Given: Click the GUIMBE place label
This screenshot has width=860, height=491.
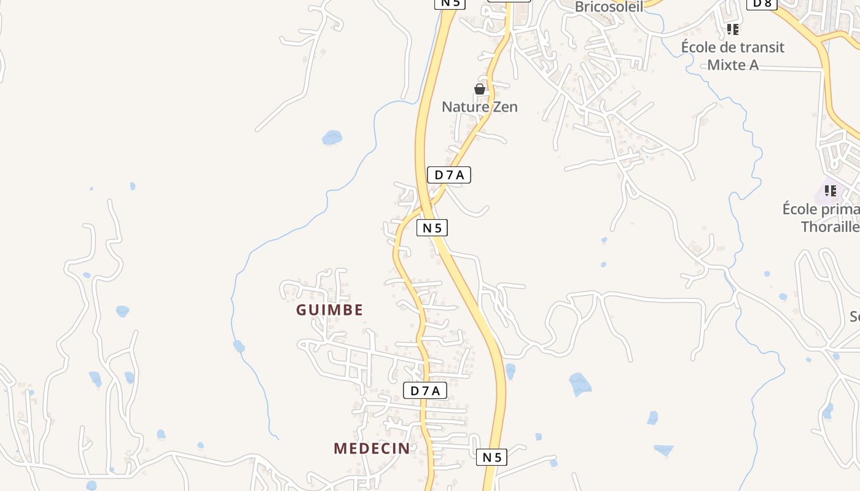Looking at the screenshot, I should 330,310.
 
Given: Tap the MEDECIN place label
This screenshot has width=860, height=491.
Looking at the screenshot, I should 372,448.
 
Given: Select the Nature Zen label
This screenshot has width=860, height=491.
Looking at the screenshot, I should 480,107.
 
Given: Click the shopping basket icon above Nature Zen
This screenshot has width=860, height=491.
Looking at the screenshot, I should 480,90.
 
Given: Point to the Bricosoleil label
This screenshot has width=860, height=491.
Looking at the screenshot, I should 609,7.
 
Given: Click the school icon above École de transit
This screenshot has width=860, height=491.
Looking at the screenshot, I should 732,29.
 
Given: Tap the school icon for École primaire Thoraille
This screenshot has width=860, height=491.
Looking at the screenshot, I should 831,191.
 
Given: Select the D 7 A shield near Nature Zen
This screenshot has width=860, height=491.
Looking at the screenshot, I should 448,175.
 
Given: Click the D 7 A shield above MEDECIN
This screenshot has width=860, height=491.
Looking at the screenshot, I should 424,390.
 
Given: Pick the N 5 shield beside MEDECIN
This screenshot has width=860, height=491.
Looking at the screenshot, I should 491,457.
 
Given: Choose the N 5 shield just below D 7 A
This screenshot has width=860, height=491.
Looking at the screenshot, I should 432,228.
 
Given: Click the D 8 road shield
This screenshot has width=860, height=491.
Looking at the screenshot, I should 762,4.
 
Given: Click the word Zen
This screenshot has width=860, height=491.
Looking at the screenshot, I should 504,107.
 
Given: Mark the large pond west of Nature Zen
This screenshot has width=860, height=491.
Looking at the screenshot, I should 332,137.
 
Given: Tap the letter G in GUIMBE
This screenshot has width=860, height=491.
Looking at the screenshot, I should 302,310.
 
